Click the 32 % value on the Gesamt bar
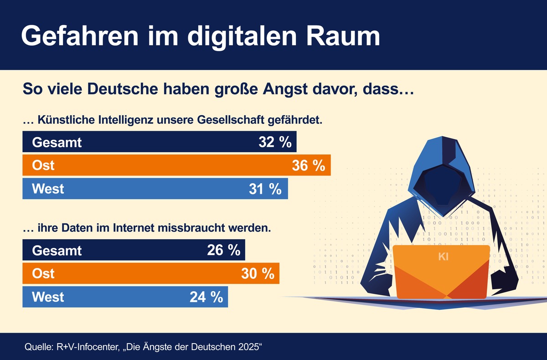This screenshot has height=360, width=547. (x=274, y=142)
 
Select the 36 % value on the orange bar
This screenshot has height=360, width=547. (x=308, y=165)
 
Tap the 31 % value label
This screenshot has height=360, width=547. (x=265, y=189)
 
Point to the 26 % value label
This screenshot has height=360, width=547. (x=223, y=250)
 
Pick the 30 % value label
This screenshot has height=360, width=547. (x=258, y=273)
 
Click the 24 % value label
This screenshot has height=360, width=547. (x=206, y=297)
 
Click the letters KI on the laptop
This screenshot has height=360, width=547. (x=444, y=257)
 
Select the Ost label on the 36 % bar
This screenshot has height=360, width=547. (x=43, y=165)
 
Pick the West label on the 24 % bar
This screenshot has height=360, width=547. (x=48, y=297)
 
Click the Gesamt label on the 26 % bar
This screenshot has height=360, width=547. (x=57, y=250)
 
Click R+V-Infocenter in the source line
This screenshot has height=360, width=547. (x=86, y=347)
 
